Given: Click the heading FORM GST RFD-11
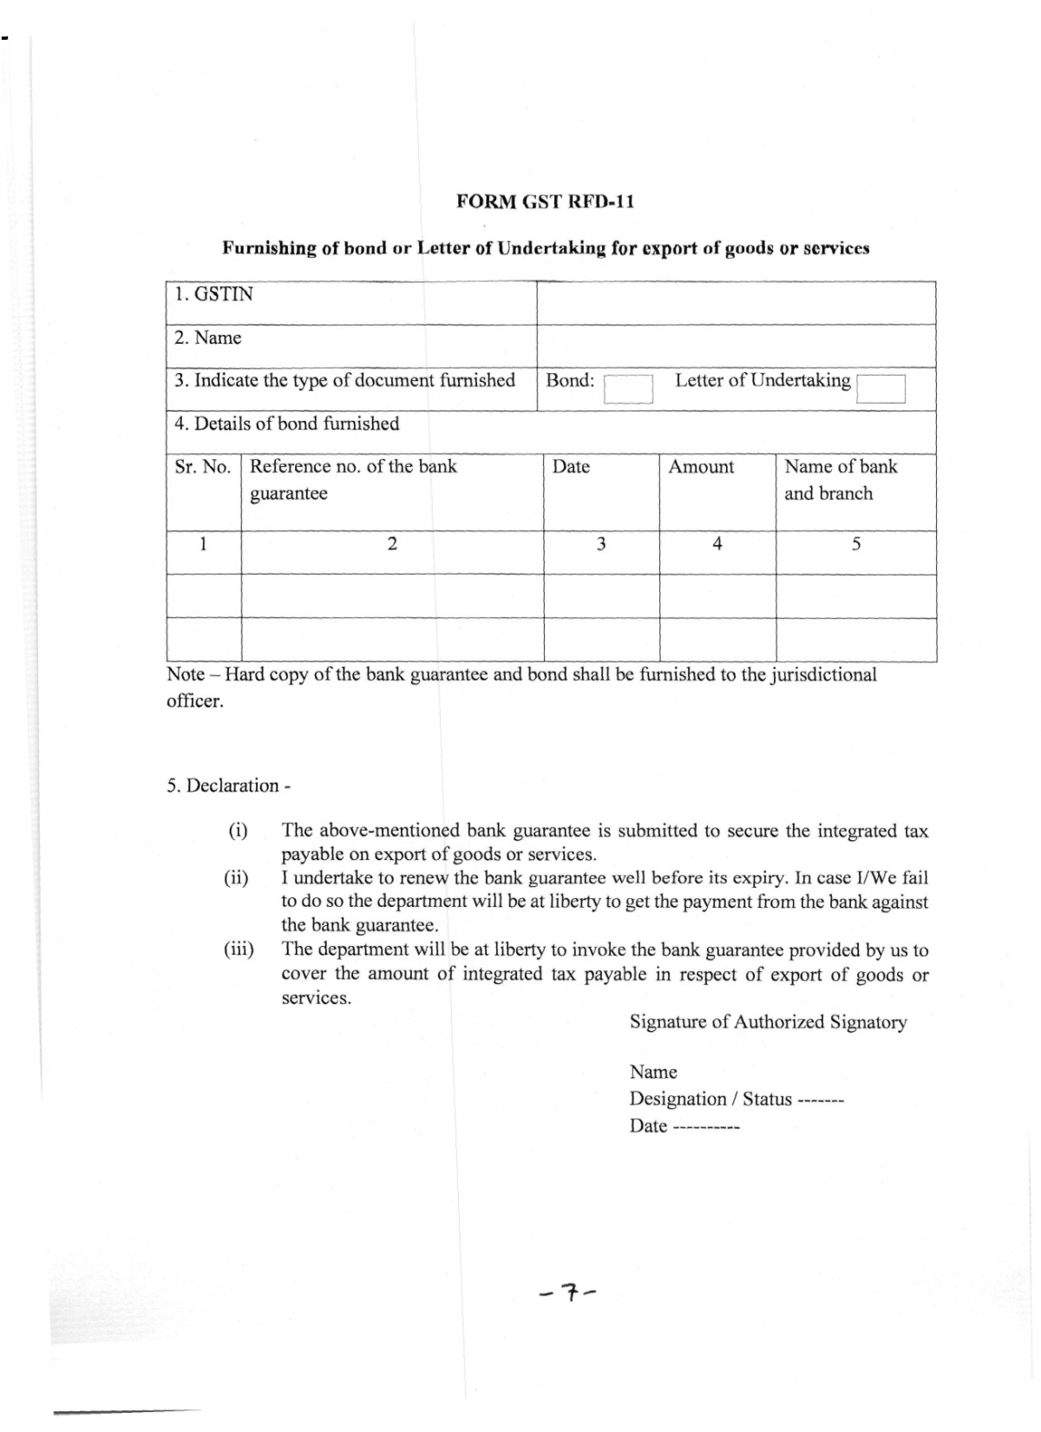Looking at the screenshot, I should [x=545, y=201].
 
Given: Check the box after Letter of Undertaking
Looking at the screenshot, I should [x=881, y=389].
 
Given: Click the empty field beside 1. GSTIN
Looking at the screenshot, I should [x=736, y=303].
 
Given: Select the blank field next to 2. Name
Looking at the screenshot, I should [x=736, y=345].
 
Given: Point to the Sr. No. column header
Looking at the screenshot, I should [x=202, y=467].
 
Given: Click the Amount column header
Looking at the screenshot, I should [x=701, y=467].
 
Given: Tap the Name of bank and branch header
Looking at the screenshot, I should [x=840, y=480].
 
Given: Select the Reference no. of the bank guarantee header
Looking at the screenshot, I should [x=353, y=480].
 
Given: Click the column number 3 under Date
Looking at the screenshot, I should [x=600, y=544].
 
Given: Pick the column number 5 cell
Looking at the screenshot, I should [x=855, y=544].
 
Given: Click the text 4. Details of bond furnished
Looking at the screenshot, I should [x=286, y=424].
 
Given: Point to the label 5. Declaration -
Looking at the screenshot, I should [x=228, y=785].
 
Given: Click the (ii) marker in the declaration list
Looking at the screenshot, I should [x=236, y=877].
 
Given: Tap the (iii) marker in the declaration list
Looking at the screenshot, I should [x=239, y=949].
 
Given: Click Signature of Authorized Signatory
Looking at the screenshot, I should [x=768, y=1022].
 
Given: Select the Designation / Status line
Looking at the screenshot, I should [x=736, y=1100].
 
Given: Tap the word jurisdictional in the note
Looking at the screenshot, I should [x=822, y=674].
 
